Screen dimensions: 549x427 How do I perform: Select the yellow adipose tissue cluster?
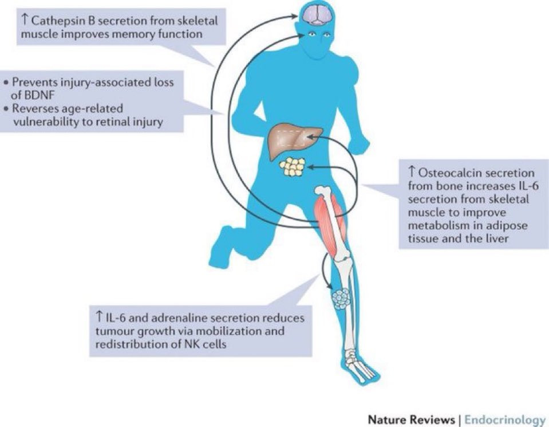(x=293, y=166)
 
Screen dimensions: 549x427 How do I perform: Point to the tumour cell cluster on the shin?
(x=341, y=299)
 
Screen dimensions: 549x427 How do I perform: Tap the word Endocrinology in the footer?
(x=504, y=420)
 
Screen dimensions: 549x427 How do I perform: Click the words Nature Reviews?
(x=411, y=420)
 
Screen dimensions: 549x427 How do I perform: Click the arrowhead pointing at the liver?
(x=313, y=138)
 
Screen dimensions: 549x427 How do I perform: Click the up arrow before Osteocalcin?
(x=412, y=173)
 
